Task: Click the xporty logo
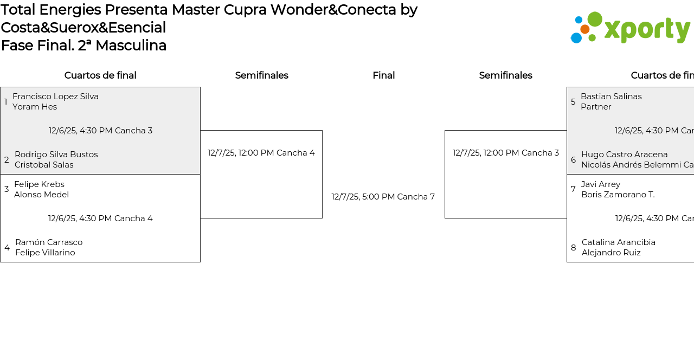tap(630, 28)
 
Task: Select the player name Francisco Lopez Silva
tap(55, 97)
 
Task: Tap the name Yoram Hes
tap(35, 107)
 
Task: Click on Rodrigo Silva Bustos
tap(56, 155)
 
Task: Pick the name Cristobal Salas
tap(44, 165)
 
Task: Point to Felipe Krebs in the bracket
tap(39, 184)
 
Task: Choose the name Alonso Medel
tap(41, 195)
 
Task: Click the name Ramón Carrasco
tap(49, 242)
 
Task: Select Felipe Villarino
tap(45, 253)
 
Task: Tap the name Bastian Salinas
tap(611, 97)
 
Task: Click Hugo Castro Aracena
tap(625, 155)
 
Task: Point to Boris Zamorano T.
tap(618, 195)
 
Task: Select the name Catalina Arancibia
tap(619, 242)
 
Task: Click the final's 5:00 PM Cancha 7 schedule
tap(383, 197)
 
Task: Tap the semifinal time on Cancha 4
tap(261, 153)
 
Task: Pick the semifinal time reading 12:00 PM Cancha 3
tap(506, 153)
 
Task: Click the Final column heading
tap(383, 75)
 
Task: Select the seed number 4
tap(7, 248)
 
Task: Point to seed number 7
tap(573, 189)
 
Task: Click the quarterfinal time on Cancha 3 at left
tap(100, 131)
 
